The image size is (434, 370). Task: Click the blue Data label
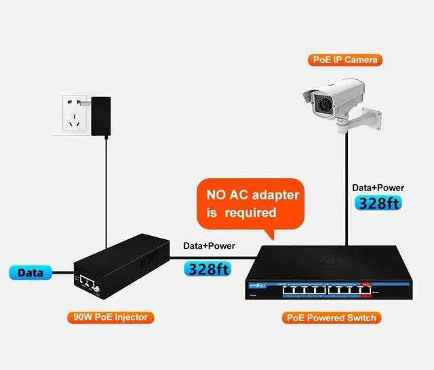(31, 273)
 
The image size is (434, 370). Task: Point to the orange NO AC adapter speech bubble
(252, 203)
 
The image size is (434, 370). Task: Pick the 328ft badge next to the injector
(208, 268)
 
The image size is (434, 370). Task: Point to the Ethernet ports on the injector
(87, 281)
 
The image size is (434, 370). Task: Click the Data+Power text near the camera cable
(378, 187)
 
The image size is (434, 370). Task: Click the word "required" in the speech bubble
(252, 213)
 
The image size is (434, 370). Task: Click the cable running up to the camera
(347, 190)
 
